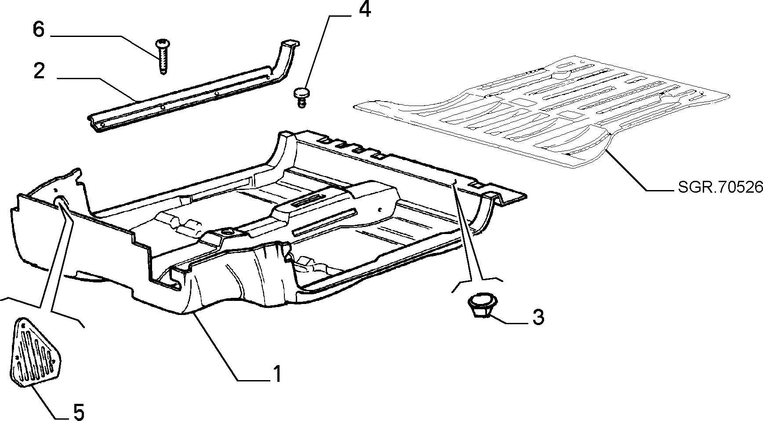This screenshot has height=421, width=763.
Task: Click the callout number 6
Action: click(x=39, y=30)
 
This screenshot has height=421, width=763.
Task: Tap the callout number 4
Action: click(x=365, y=10)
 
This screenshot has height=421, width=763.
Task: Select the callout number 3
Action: click(x=538, y=317)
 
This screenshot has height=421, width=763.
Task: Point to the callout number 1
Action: click(x=277, y=374)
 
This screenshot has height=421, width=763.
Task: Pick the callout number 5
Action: click(x=77, y=412)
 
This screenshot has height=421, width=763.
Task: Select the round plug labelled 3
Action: click(x=481, y=304)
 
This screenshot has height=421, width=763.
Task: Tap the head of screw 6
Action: click(x=162, y=43)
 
